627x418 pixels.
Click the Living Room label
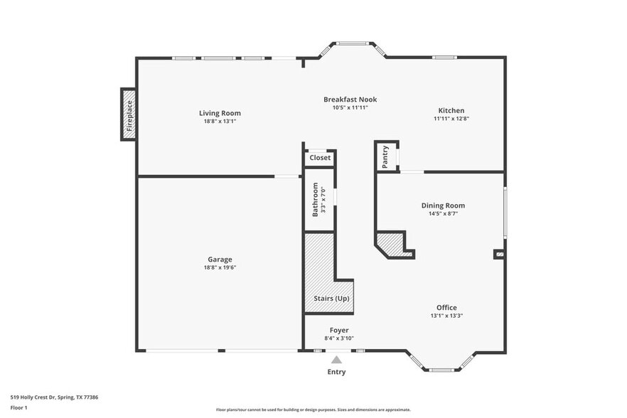220,113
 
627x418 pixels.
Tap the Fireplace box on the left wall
129,114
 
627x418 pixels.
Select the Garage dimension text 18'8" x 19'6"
220,268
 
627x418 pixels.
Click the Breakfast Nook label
350,100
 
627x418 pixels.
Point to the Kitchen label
451,110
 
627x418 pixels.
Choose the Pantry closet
386,156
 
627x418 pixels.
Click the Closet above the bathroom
320,158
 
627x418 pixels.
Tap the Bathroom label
316,200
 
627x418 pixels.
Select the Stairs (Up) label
331,299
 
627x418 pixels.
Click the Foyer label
339,330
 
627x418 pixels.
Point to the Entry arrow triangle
336,360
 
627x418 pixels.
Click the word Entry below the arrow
336,372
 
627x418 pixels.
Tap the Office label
446,307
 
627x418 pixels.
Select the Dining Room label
443,205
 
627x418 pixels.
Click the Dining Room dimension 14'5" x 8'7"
443,213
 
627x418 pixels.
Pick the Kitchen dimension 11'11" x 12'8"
451,119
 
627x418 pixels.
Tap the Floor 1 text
18,408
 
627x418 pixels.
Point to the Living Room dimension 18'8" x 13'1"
220,122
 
